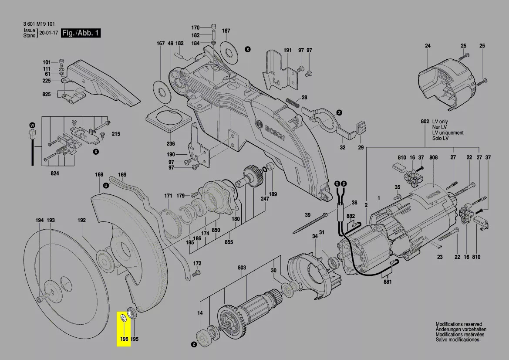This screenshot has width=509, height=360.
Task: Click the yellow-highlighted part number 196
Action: pyautogui.click(x=124, y=339)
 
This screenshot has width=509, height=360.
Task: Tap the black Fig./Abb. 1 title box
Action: pyautogui.click(x=81, y=33)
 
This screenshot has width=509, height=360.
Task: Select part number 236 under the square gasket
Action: pyautogui.click(x=170, y=144)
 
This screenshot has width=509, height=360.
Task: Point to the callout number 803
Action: pyautogui.click(x=242, y=268)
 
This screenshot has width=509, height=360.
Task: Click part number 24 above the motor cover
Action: pyautogui.click(x=428, y=46)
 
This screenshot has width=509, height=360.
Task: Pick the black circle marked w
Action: pyautogui.click(x=32, y=125)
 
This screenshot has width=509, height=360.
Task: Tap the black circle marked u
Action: pyautogui.click(x=106, y=186)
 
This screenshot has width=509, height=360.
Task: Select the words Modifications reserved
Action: pyautogui.click(x=458, y=324)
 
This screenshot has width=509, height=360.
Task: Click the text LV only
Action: pyautogui.click(x=440, y=122)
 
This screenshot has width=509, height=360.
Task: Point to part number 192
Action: pyautogui.click(x=81, y=220)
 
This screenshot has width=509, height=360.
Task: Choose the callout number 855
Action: pyautogui.click(x=229, y=242)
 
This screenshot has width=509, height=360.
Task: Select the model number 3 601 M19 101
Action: pyautogui.click(x=39, y=24)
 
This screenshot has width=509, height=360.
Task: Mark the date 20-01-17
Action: pyautogui.click(x=48, y=33)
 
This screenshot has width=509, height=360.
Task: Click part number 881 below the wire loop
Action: pyautogui.click(x=388, y=282)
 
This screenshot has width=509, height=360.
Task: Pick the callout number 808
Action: pyautogui.click(x=434, y=157)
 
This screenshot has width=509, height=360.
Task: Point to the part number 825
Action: pyautogui.click(x=47, y=94)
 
